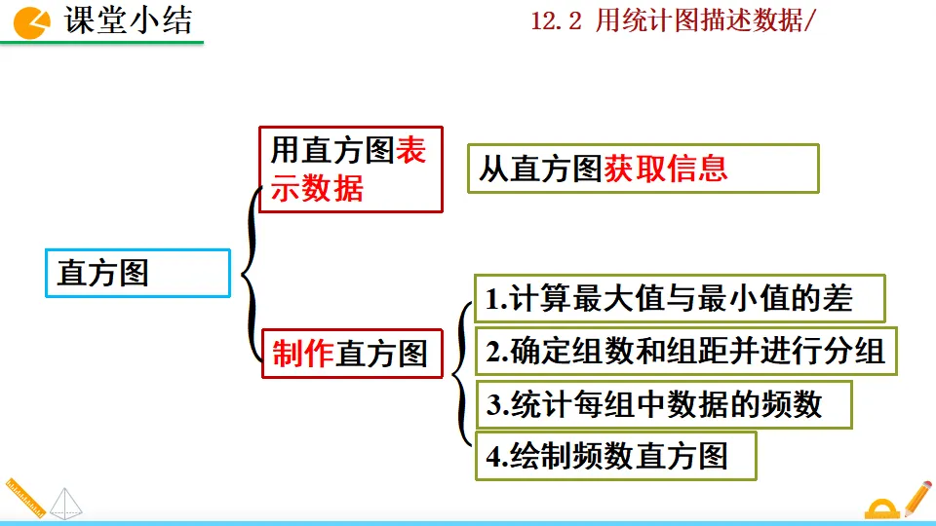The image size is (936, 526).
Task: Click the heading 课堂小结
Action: (129, 20)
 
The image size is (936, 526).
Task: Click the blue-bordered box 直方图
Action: (137, 273)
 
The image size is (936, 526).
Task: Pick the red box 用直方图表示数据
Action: (351, 169)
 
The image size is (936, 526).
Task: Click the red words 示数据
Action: (317, 188)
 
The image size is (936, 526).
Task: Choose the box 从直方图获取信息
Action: (643, 169)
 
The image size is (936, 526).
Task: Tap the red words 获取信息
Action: (666, 169)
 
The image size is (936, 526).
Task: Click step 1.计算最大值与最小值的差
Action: (680, 299)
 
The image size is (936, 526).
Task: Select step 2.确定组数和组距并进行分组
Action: (685, 351)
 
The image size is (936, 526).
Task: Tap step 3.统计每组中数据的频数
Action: (663, 404)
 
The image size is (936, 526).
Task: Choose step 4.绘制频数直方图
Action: (615, 456)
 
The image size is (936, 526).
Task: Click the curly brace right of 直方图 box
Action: (251, 273)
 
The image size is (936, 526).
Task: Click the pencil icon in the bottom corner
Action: (917, 497)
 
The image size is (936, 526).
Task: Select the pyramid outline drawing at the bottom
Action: (67, 503)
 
